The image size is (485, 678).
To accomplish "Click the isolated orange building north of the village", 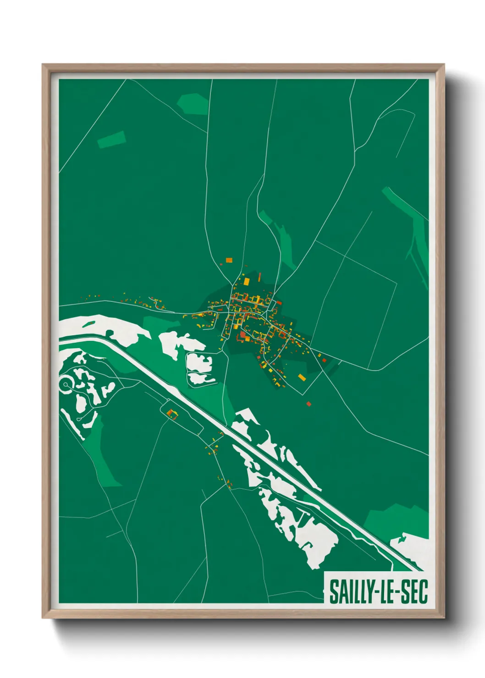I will [x=229, y=260].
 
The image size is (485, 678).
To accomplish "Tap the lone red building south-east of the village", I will [x=309, y=404].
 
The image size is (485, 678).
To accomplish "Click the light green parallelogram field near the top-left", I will [x=111, y=139].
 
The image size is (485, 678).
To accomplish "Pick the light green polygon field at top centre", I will [x=193, y=104].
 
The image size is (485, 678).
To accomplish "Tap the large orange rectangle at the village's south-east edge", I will [x=302, y=377].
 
